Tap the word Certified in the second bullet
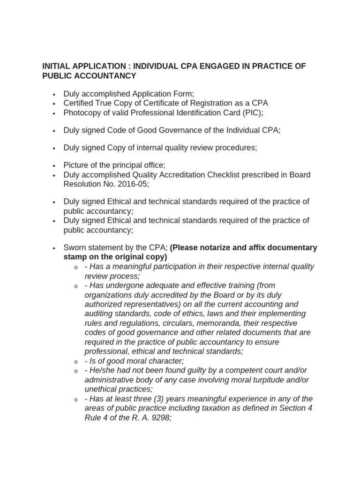(x=80, y=103)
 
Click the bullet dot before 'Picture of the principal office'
(x=54, y=165)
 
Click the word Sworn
(x=75, y=247)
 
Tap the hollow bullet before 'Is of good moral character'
(x=75, y=362)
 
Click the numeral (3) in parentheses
(x=169, y=399)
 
